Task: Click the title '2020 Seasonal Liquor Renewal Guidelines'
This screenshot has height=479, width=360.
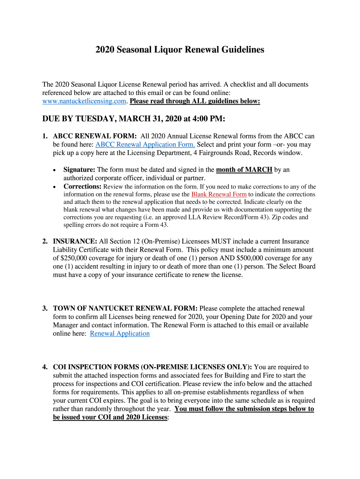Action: (180, 50)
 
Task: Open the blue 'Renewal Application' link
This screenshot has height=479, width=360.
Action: (120, 334)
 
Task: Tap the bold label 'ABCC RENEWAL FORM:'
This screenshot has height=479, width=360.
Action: (94, 136)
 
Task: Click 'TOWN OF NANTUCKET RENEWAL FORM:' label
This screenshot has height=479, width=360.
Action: (126, 309)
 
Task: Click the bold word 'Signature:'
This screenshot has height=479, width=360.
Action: (79, 169)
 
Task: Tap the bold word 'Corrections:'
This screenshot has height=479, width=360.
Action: (82, 186)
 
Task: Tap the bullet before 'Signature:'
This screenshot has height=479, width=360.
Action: (56, 170)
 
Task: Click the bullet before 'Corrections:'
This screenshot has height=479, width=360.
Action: (56, 187)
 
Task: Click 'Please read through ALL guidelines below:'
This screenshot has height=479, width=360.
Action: (195, 101)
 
